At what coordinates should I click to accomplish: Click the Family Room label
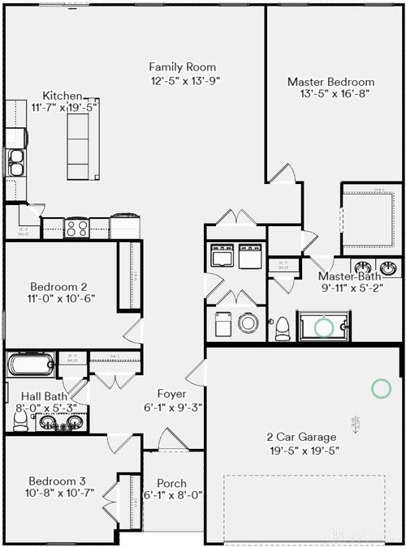pos(184,67)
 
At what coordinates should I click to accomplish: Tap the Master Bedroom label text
pos(330,82)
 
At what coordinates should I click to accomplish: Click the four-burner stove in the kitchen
pos(76,229)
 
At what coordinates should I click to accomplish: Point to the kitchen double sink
pos(15,163)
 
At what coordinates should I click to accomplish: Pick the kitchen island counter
pos(78,146)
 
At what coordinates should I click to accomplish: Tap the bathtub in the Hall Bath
pos(31,365)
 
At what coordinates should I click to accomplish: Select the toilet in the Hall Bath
pos(21,419)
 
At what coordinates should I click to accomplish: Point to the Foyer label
pos(171,394)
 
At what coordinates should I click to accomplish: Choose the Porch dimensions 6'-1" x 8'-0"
pos(172,494)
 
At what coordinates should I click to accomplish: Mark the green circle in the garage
pos(381,388)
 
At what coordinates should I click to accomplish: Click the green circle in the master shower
pos(324,327)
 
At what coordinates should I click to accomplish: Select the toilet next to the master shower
pos(283,327)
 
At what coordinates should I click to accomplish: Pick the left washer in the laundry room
pos(222,256)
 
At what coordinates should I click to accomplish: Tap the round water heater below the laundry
pos(248,323)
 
